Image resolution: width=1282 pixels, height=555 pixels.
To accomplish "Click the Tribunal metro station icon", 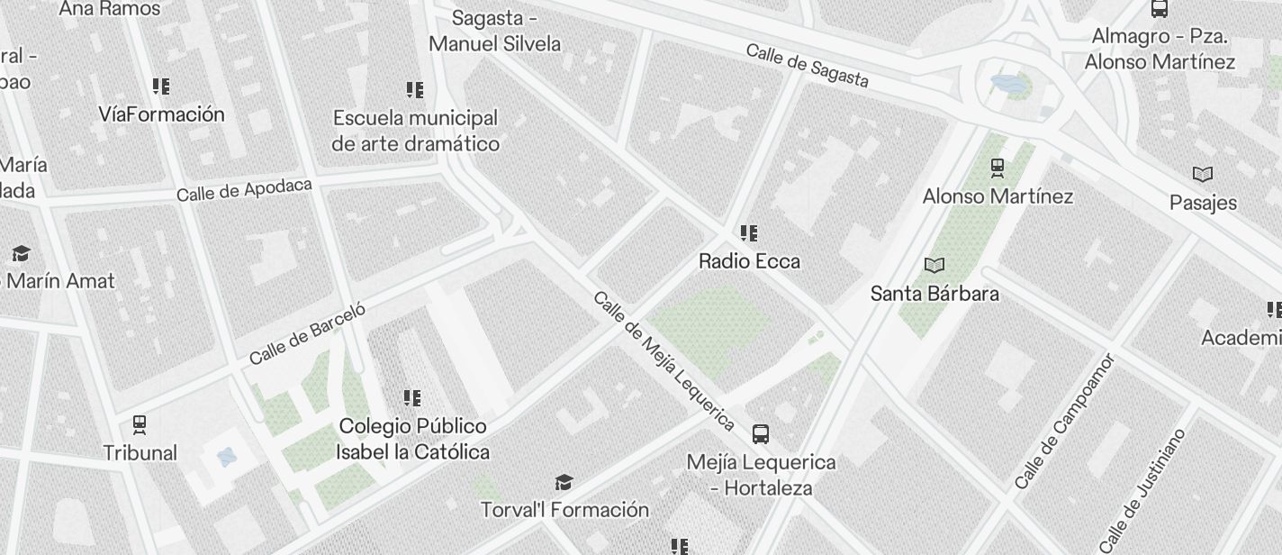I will (140, 423).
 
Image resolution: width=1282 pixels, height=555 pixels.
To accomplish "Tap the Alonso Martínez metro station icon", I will (998, 167).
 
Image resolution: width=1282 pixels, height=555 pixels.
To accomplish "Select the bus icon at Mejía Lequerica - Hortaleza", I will (761, 434).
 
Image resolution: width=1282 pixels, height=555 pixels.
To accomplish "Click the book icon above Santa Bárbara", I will (934, 265).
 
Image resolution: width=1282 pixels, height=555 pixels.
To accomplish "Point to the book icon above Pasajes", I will (1203, 174).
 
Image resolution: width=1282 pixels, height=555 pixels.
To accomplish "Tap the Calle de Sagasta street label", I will (808, 66).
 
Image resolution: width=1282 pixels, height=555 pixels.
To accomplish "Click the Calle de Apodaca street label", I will (244, 189).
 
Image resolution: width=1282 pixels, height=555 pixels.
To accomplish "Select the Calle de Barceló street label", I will (307, 334).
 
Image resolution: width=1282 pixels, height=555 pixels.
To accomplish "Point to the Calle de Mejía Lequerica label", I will (664, 360).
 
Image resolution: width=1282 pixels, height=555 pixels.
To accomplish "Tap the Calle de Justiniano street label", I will (1142, 490).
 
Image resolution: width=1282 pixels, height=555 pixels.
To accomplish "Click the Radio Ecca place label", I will (749, 261).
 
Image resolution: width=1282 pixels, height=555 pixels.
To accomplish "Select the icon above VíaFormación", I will (161, 86).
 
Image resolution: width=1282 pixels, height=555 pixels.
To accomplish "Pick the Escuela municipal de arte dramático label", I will (415, 131).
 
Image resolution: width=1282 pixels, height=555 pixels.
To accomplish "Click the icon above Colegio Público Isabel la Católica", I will (412, 397).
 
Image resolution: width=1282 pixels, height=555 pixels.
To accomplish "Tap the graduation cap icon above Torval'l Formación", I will (564, 483).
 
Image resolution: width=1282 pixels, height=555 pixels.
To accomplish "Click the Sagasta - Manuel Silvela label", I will (494, 31).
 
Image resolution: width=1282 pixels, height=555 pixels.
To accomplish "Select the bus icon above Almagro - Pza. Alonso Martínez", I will (1160, 9).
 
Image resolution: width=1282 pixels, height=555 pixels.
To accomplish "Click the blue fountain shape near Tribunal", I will (227, 457).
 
